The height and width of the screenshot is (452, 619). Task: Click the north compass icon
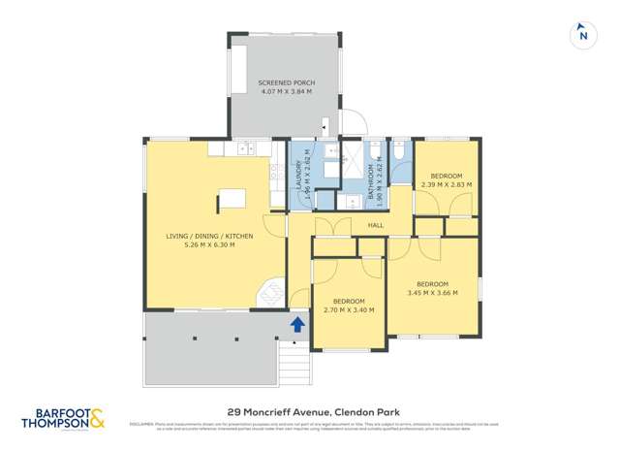click(x=582, y=34)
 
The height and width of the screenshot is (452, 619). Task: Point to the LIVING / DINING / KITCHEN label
click(x=210, y=236)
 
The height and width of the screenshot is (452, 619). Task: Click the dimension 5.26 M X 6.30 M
click(x=210, y=244)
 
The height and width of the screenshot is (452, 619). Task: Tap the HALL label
click(x=376, y=225)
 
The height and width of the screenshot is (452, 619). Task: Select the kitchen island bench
click(x=232, y=199)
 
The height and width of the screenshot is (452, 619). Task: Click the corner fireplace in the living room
click(x=272, y=294)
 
